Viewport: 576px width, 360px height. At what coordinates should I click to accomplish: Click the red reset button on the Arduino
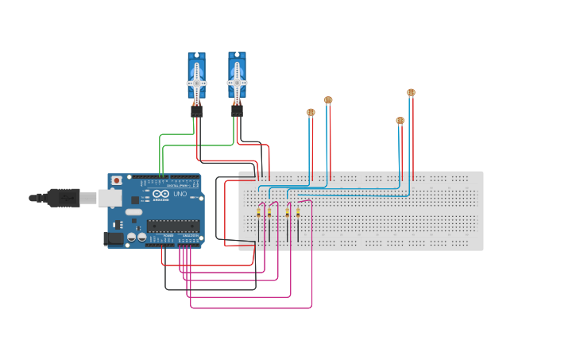117,180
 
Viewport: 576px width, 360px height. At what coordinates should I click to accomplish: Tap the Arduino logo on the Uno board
160,194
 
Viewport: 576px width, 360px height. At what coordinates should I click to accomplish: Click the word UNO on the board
180,194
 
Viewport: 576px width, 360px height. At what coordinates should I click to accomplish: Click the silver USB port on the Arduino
110,198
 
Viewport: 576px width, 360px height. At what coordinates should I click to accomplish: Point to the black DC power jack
113,238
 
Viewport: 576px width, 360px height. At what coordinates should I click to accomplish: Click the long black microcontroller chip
172,226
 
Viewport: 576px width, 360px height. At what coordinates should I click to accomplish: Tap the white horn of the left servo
196,83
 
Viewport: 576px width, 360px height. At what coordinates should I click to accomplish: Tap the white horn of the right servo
237,81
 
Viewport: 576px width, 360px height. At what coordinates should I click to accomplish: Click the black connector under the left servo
196,111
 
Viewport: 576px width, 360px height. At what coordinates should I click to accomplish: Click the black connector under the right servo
237,110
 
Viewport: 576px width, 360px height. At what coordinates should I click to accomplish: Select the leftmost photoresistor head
311,112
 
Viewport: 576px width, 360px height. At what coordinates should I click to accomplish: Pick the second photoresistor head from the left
328,100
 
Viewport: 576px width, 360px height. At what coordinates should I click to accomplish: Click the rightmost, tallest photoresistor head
411,92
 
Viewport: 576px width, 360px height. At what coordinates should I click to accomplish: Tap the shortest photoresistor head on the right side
400,121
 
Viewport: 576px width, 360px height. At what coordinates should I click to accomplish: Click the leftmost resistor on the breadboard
258,213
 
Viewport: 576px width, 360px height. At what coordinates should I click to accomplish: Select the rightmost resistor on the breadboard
298,213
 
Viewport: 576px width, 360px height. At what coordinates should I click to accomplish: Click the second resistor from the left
269,213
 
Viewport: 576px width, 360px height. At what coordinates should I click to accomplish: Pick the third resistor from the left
288,213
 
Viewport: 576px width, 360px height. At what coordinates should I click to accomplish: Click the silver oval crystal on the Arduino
133,211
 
